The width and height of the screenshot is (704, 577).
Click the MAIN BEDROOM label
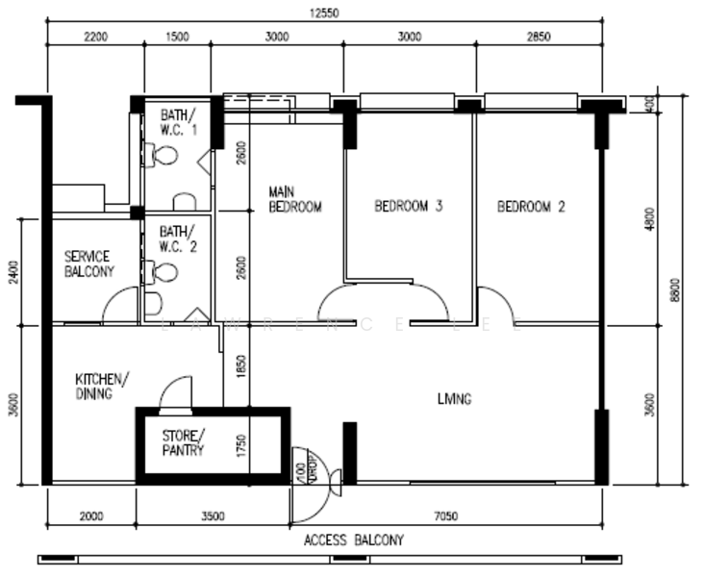pyautogui.click(x=294, y=199)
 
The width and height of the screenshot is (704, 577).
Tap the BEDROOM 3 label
pyautogui.click(x=409, y=206)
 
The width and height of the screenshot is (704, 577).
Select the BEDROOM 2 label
pyautogui.click(x=531, y=206)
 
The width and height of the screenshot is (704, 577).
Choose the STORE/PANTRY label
pyautogui.click(x=183, y=442)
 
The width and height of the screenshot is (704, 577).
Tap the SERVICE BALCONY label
pyautogui.click(x=88, y=263)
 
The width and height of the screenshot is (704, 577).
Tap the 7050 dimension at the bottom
pyautogui.click(x=447, y=516)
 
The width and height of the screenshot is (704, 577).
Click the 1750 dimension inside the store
pyautogui.click(x=242, y=444)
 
